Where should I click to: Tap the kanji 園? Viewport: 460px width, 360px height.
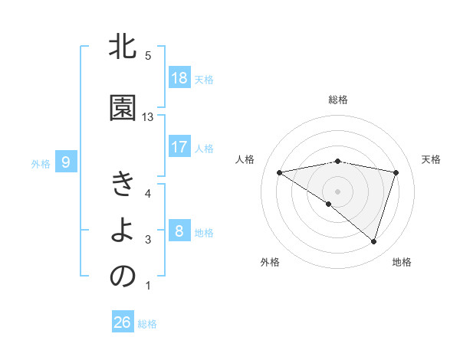pyautogui.click(x=123, y=109)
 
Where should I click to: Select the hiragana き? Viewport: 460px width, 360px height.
pyautogui.click(x=123, y=186)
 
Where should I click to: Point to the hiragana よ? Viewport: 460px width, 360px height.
pyautogui.click(x=123, y=232)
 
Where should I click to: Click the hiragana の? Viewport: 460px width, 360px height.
pyautogui.click(x=123, y=277)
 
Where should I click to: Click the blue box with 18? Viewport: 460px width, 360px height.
pyautogui.click(x=179, y=78)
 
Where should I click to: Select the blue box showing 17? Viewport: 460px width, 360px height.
pyautogui.click(x=179, y=147)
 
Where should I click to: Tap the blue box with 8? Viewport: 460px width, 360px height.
pyautogui.click(x=179, y=231)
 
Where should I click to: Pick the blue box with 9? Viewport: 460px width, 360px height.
pyautogui.click(x=66, y=162)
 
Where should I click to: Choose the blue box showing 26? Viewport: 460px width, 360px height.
pyautogui.click(x=122, y=322)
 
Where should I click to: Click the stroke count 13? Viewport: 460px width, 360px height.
pyautogui.click(x=148, y=117)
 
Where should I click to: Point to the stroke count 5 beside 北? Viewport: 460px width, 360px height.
pyautogui.click(x=148, y=56)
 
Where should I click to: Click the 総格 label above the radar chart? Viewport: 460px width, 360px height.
pyautogui.click(x=337, y=100)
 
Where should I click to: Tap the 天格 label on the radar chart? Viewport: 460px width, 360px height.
pyautogui.click(x=432, y=159)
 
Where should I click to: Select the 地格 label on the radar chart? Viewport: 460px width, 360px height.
pyautogui.click(x=402, y=262)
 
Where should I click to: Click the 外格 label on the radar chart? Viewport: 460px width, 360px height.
pyautogui.click(x=270, y=262)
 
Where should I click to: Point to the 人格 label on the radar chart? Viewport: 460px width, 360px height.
pyautogui.click(x=245, y=159)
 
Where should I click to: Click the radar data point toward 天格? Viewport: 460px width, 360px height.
pyautogui.click(x=396, y=172)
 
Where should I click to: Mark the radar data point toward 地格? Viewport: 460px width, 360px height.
pyautogui.click(x=373, y=241)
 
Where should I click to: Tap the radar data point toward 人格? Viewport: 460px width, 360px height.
pyautogui.click(x=279, y=172)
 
